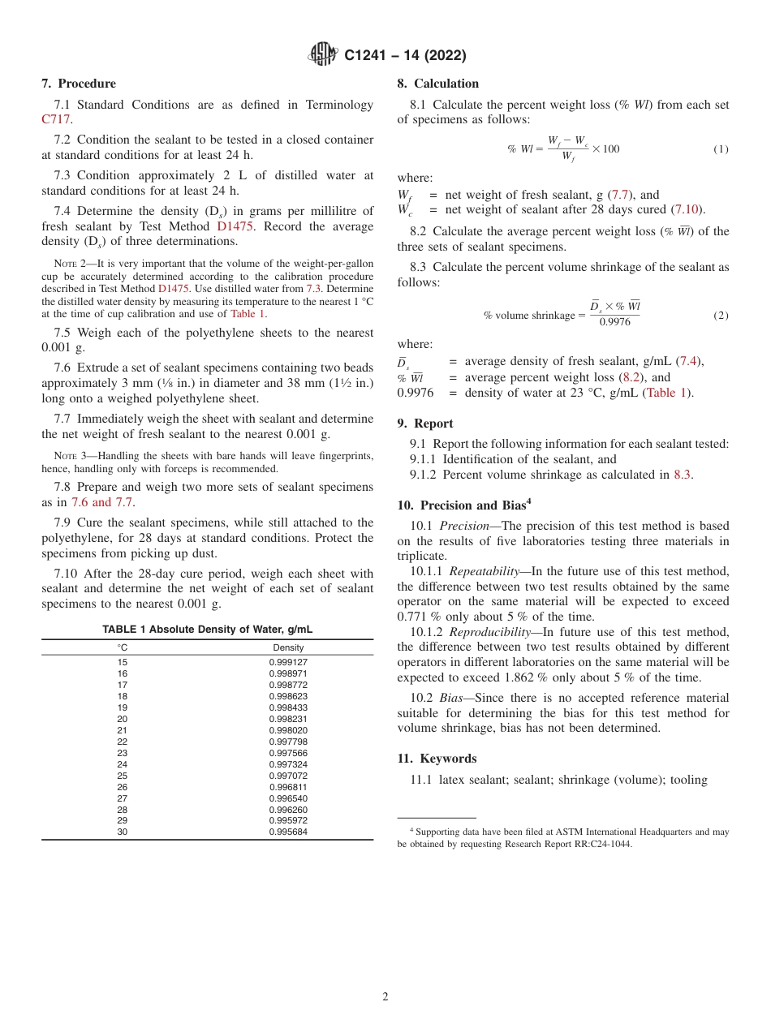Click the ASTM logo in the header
pos(324,55)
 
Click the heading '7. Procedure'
pos(79,84)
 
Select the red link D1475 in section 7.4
pos(236,226)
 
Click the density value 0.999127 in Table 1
pos(288,662)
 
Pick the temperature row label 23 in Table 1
pos(123,753)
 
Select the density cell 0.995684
pos(288,832)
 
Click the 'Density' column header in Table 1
pos(288,647)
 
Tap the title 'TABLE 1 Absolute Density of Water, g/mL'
pos(207,630)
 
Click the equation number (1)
pos(721,149)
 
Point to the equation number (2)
pos(721,316)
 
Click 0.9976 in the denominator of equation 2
pos(614,322)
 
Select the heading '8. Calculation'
pos(437,84)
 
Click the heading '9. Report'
pos(425,424)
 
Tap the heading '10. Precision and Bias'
pos(463,505)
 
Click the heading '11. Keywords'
pos(437,759)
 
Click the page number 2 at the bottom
pos(385,997)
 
